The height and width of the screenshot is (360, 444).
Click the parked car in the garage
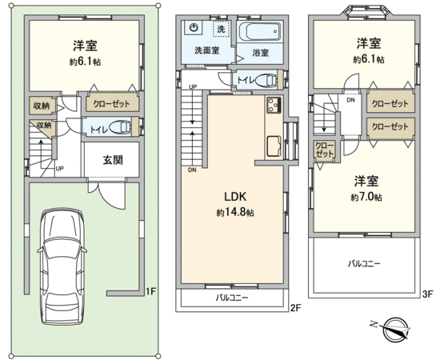tap(62, 266)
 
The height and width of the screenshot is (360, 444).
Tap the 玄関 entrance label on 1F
tap(113, 160)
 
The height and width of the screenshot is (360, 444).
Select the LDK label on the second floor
tap(235, 196)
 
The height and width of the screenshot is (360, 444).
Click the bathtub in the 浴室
tap(260, 32)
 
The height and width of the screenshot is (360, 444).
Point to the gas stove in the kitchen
tap(274, 104)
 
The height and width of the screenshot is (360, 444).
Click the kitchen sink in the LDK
tap(274, 146)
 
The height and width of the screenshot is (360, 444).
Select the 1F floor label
tap(150, 291)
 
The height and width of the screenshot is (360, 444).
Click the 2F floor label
tap(295, 308)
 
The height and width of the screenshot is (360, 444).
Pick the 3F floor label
tap(428, 294)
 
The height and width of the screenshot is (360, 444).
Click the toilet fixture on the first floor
tap(120, 127)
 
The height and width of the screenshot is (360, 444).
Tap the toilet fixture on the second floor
tap(266, 80)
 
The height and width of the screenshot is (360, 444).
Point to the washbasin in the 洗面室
tap(194, 27)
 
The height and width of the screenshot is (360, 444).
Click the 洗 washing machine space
tap(221, 29)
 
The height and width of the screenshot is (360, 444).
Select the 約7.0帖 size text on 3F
tap(366, 198)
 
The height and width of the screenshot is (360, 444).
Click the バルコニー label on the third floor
tap(364, 264)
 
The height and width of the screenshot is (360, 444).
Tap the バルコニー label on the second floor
tap(232, 298)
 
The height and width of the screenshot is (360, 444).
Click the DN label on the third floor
tap(351, 100)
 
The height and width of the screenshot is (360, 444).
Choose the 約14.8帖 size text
tap(235, 213)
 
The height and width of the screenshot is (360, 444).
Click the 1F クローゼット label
tap(111, 104)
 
